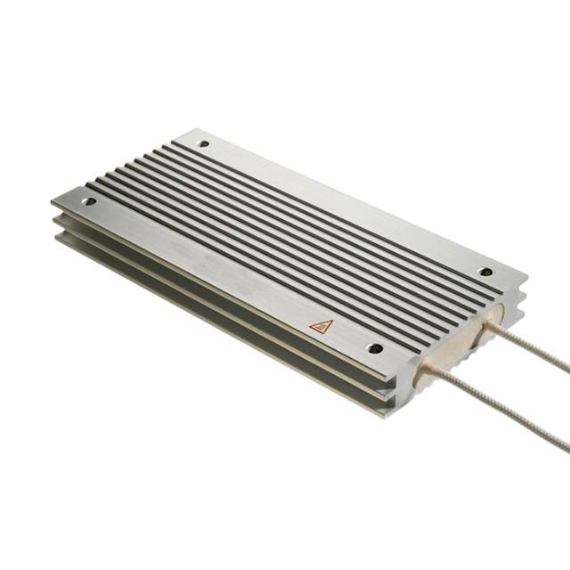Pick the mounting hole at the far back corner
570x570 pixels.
(204, 142)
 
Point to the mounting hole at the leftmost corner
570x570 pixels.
(88, 202)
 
